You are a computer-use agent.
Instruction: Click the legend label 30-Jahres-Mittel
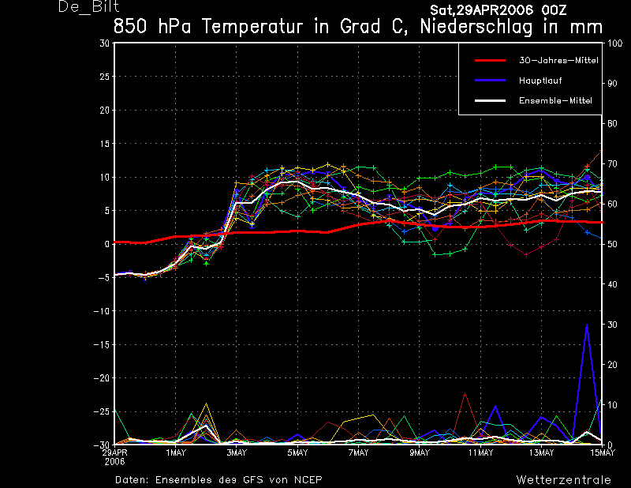click(x=558, y=61)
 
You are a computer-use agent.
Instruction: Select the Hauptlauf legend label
click(x=540, y=81)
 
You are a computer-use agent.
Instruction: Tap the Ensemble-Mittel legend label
click(x=555, y=101)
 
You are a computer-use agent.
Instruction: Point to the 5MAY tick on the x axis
click(x=298, y=452)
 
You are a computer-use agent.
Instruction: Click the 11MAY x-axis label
click(x=480, y=452)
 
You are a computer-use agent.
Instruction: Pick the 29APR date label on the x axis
click(x=114, y=452)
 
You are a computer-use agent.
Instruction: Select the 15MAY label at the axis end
click(x=603, y=452)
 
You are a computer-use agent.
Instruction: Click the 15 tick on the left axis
click(x=104, y=144)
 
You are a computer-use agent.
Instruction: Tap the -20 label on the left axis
click(x=102, y=378)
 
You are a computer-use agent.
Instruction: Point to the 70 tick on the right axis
click(x=612, y=163)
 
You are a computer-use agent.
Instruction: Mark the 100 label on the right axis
click(x=614, y=43)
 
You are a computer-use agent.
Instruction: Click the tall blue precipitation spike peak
click(x=587, y=325)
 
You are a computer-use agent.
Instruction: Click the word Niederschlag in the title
click(x=476, y=27)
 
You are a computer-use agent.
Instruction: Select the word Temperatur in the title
click(x=252, y=27)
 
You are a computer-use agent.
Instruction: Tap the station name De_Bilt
click(x=88, y=7)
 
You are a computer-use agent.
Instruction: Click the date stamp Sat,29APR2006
click(x=482, y=9)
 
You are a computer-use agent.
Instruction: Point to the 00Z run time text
click(x=554, y=9)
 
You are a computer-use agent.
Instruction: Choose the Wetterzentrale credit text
click(x=564, y=480)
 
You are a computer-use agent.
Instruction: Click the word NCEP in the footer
click(x=308, y=480)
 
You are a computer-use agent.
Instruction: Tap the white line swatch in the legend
click(x=490, y=101)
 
